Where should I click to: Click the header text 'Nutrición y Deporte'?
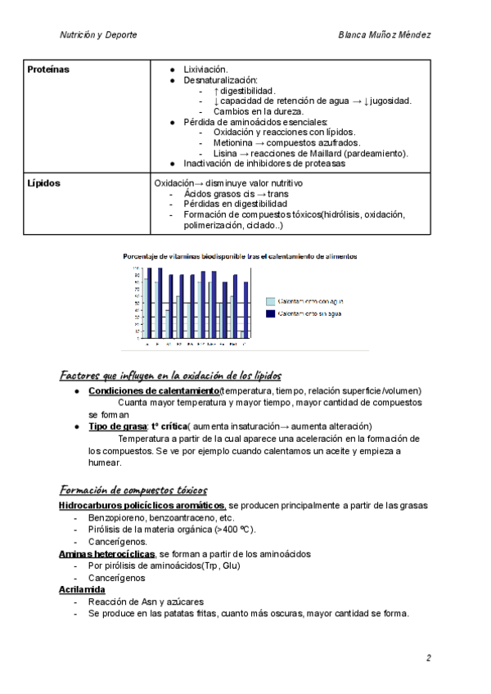[x=99, y=35]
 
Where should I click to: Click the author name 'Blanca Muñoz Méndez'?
[x=385, y=35]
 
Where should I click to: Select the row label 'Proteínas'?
[x=48, y=70]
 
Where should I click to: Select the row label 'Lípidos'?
[x=43, y=183]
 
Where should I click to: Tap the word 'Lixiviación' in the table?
[x=205, y=70]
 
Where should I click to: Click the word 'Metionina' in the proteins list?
[x=234, y=142]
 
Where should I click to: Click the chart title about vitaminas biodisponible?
[x=240, y=256]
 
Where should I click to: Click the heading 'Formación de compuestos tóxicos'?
[x=133, y=489]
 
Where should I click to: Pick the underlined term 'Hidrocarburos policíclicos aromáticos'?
[x=142, y=506]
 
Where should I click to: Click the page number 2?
[x=428, y=657]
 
